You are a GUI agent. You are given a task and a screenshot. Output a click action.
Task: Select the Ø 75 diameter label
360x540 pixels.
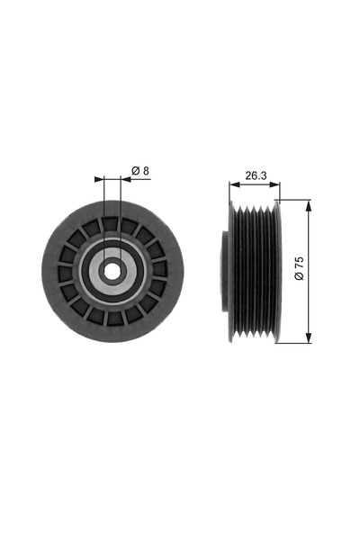click(x=299, y=270)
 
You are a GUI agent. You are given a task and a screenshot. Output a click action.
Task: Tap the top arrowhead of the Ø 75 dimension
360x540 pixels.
click(x=310, y=204)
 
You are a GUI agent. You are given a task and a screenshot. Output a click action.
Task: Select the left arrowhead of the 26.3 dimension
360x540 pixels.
click(x=229, y=186)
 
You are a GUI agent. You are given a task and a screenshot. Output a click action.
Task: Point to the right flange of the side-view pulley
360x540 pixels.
click(x=279, y=270)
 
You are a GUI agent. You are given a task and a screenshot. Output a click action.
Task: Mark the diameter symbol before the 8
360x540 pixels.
click(x=133, y=170)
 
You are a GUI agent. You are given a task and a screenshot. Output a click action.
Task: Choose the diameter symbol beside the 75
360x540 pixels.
click(x=299, y=279)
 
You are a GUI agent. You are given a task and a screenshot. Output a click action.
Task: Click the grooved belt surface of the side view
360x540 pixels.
click(x=255, y=270)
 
